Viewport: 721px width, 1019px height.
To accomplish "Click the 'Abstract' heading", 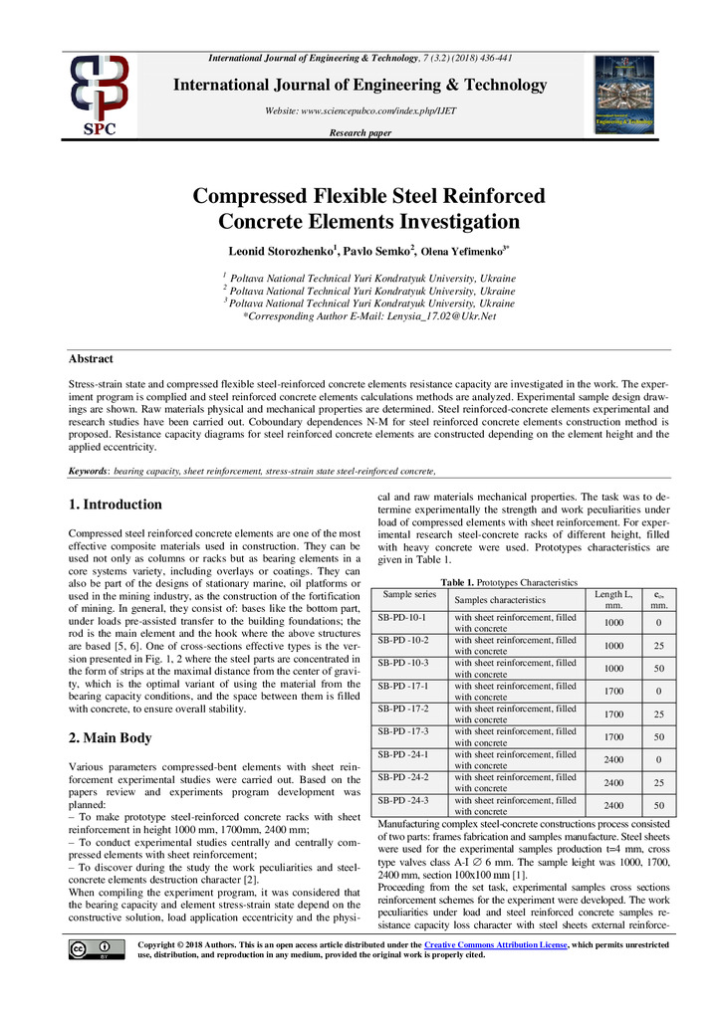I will (91, 359).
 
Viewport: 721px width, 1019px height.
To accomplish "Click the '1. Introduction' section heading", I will (116, 505).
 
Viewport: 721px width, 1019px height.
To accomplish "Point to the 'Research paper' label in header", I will (360, 133).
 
